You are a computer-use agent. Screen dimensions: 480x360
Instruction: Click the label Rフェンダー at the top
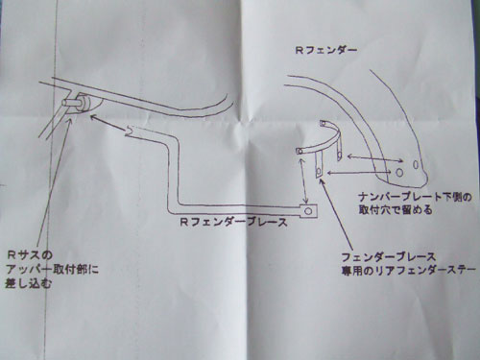click(x=325, y=51)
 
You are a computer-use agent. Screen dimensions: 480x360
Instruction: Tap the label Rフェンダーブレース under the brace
click(x=233, y=222)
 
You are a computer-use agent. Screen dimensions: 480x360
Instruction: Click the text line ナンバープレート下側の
click(x=415, y=197)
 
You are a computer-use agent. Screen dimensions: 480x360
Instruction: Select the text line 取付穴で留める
click(x=396, y=210)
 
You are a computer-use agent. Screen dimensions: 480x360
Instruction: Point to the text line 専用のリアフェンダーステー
click(x=409, y=271)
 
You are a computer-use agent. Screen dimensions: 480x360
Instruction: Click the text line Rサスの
click(x=30, y=255)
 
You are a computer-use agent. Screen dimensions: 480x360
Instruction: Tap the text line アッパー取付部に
click(x=52, y=270)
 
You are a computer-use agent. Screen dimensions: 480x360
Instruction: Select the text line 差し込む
click(x=28, y=283)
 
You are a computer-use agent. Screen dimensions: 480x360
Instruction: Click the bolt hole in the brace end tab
click(x=308, y=211)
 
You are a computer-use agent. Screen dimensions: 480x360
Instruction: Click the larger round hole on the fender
click(x=399, y=173)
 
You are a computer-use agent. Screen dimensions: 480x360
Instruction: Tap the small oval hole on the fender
click(x=416, y=164)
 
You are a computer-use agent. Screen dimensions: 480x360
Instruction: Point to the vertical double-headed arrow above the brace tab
click(x=303, y=181)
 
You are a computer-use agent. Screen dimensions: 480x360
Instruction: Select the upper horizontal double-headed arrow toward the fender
click(x=375, y=158)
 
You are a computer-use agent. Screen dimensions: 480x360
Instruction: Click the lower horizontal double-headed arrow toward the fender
click(x=358, y=173)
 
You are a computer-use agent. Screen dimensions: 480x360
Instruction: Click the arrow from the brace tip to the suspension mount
click(x=108, y=123)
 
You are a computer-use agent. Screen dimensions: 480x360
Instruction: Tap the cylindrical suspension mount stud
click(x=76, y=104)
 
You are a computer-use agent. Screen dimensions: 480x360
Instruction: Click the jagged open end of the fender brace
click(x=130, y=132)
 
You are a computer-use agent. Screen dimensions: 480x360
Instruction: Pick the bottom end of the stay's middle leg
click(x=320, y=176)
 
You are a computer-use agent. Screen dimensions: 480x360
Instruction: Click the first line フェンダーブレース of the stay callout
click(x=389, y=257)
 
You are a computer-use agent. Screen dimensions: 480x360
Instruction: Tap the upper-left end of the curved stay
click(x=300, y=151)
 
